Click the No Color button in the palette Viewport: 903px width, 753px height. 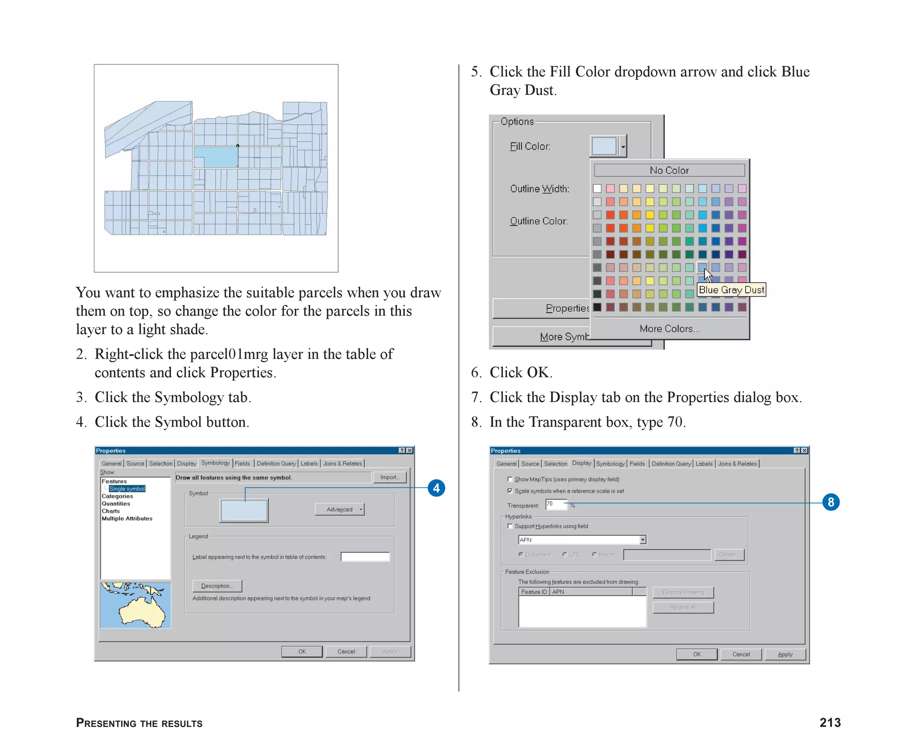(669, 170)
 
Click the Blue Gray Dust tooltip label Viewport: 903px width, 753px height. (731, 290)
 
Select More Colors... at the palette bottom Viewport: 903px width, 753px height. (669, 329)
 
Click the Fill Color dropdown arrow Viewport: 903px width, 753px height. (623, 146)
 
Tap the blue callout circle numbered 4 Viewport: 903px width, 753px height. (436, 488)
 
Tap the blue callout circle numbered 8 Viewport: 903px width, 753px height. (831, 502)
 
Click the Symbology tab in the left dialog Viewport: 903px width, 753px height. (215, 463)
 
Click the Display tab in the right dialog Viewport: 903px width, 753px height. (581, 463)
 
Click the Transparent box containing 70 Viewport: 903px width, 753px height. (556, 504)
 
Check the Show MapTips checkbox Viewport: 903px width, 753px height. (510, 479)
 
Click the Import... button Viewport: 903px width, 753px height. (390, 477)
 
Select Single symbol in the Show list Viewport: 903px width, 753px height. (127, 489)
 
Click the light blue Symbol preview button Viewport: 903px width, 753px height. (244, 510)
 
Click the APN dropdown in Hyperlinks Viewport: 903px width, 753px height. (582, 539)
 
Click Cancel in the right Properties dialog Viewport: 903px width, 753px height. (741, 654)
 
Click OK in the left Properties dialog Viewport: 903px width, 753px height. (302, 652)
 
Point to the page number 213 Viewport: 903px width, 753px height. (830, 723)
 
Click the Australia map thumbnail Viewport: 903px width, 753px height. (135, 605)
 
